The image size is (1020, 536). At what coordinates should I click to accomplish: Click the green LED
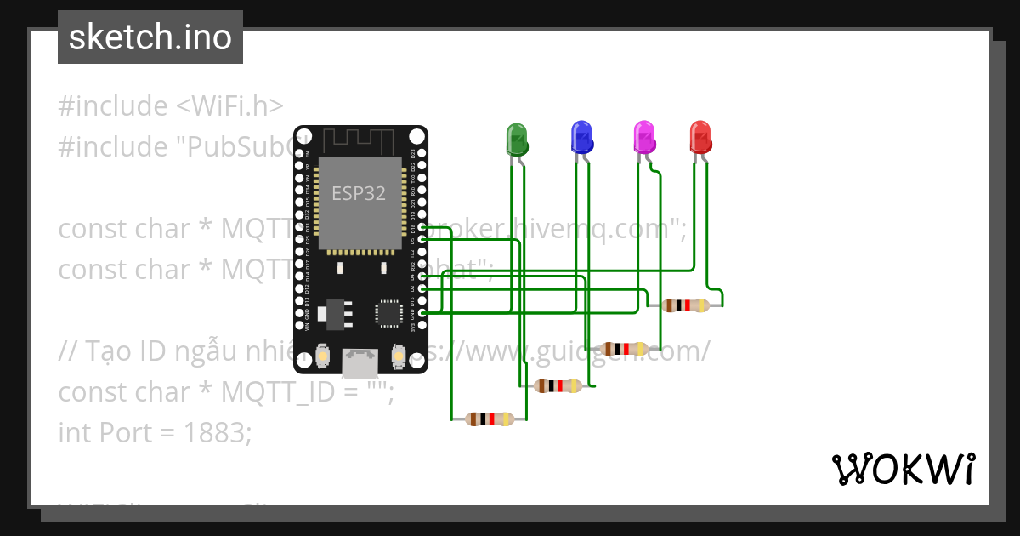click(x=517, y=138)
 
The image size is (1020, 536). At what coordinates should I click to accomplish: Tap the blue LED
click(x=581, y=136)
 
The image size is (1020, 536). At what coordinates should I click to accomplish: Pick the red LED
click(x=700, y=136)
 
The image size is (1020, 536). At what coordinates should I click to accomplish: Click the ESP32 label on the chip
click(x=359, y=193)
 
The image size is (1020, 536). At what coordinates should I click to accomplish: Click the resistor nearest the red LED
click(x=686, y=305)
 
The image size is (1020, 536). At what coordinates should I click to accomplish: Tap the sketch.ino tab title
click(x=150, y=37)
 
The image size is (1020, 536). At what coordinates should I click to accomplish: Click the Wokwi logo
click(x=903, y=469)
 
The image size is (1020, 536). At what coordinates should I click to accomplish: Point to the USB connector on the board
click(x=360, y=363)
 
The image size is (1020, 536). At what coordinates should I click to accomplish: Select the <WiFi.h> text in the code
click(x=229, y=106)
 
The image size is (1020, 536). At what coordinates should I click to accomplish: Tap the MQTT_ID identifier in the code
click(x=271, y=392)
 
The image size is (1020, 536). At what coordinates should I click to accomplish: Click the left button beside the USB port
click(x=322, y=355)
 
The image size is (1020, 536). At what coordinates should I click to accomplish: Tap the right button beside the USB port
click(x=397, y=355)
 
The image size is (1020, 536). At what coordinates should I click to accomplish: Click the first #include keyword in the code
click(x=113, y=106)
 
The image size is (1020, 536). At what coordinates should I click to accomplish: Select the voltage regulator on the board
click(x=332, y=313)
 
